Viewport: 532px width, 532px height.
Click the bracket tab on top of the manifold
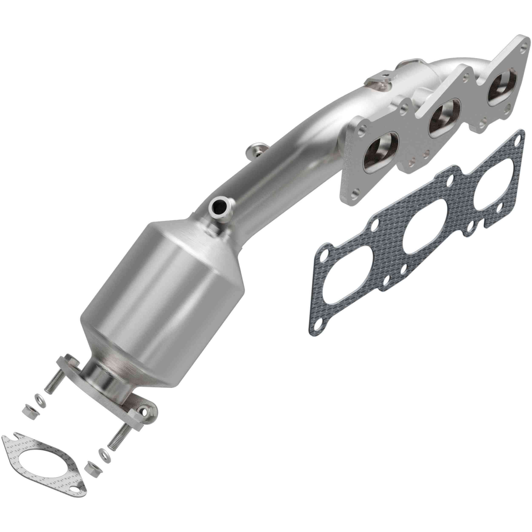click(379, 78)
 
